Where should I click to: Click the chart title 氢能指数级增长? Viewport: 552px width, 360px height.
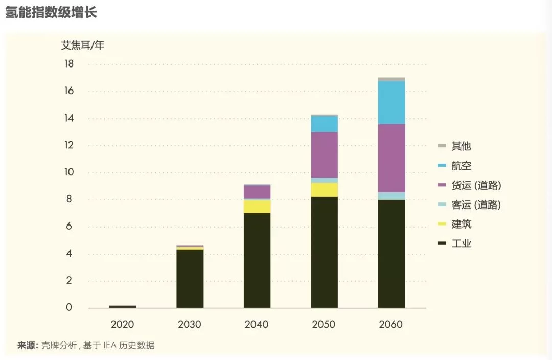click(51, 12)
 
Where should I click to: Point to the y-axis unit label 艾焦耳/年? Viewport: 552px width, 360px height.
click(83, 45)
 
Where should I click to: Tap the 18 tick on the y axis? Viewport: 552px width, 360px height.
click(69, 64)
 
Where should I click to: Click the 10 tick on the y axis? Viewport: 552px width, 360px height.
click(69, 172)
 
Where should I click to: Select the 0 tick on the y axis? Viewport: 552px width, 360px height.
click(69, 308)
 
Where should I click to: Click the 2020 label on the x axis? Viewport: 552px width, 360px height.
click(122, 325)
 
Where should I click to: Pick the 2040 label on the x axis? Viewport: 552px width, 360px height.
click(257, 325)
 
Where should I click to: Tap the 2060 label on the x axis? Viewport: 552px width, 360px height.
click(392, 325)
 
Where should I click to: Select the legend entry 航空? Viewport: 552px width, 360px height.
click(461, 166)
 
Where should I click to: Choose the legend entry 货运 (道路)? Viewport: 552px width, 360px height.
click(475, 185)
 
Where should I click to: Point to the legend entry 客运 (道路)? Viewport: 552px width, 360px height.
click(475, 205)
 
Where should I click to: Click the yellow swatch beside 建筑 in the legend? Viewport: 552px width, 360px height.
click(443, 224)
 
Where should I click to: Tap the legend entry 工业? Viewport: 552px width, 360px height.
click(461, 243)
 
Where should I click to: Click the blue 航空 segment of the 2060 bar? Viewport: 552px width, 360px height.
click(392, 102)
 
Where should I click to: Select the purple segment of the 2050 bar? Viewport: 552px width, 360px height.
click(325, 155)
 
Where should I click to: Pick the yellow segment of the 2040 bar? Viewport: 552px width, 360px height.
click(257, 207)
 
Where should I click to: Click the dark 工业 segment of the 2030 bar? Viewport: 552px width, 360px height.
click(190, 279)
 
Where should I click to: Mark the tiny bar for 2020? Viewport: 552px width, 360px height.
click(123, 306)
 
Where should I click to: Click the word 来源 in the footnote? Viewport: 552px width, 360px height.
click(27, 345)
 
